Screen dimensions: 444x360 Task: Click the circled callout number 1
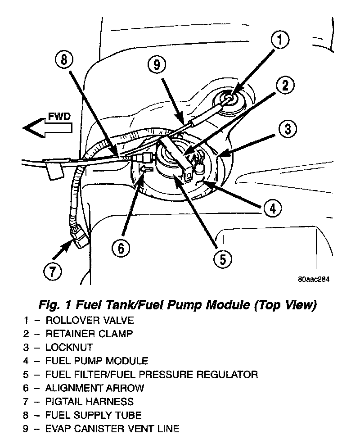point(280,41)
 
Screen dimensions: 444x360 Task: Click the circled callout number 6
point(121,248)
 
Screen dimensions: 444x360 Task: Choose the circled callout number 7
point(53,271)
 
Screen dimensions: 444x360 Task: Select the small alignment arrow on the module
point(146,169)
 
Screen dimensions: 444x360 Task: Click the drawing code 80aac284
point(314,279)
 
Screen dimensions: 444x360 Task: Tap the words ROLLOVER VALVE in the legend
point(90,321)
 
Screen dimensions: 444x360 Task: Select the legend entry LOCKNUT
point(69,347)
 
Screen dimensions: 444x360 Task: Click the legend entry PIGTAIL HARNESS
point(90,401)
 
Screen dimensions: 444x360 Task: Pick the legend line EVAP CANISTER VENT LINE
point(112,428)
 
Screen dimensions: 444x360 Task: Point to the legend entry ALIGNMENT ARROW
point(95,387)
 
